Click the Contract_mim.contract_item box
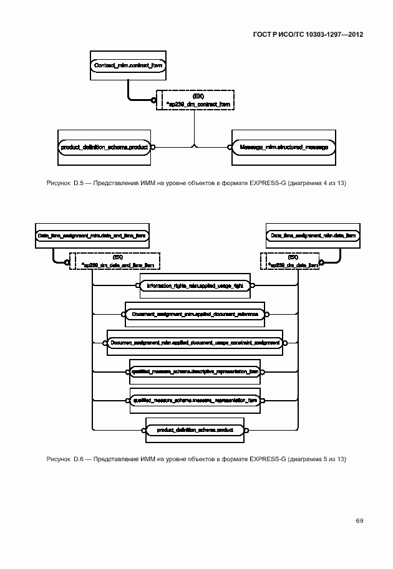click(x=128, y=65)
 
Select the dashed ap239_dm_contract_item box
click(x=197, y=100)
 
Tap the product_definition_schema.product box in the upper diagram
click(x=104, y=147)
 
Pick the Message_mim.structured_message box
click(x=283, y=147)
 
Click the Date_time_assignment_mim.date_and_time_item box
click(x=92, y=236)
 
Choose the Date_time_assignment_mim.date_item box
click(x=313, y=236)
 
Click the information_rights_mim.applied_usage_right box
click(x=198, y=286)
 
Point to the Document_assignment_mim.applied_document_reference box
click(x=195, y=315)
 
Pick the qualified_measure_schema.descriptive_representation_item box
click(x=195, y=371)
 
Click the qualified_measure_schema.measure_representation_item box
click(x=195, y=401)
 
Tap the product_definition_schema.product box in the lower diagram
click(x=195, y=430)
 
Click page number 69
click(x=359, y=520)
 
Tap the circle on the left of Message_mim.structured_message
click(x=229, y=147)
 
